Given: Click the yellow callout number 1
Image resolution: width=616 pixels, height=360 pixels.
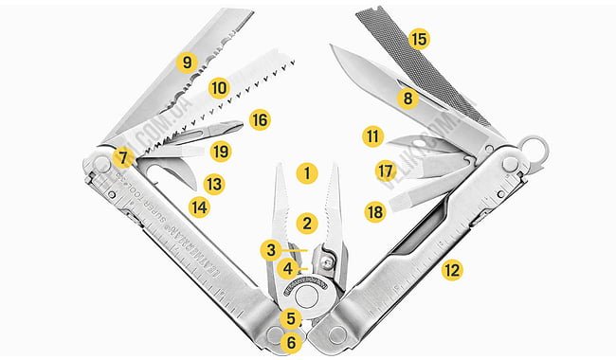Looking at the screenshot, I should [305, 174].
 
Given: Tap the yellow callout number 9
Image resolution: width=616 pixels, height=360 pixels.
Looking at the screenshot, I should [188, 62].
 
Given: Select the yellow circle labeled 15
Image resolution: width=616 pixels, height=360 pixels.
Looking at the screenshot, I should [418, 40].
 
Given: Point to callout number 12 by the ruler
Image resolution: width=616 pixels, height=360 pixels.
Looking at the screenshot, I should [452, 270].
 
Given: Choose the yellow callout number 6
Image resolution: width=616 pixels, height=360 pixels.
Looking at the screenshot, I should [291, 342].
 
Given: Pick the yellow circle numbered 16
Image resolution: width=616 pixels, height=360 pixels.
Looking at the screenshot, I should [259, 120].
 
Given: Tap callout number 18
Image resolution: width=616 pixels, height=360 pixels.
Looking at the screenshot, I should [375, 212].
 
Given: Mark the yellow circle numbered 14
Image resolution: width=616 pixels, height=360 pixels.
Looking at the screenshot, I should [199, 205].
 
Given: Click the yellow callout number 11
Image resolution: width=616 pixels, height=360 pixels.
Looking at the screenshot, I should [371, 136].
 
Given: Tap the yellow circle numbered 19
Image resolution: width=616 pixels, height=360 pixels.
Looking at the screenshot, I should [221, 151].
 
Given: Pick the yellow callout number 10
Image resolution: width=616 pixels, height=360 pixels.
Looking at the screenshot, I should [219, 88].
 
